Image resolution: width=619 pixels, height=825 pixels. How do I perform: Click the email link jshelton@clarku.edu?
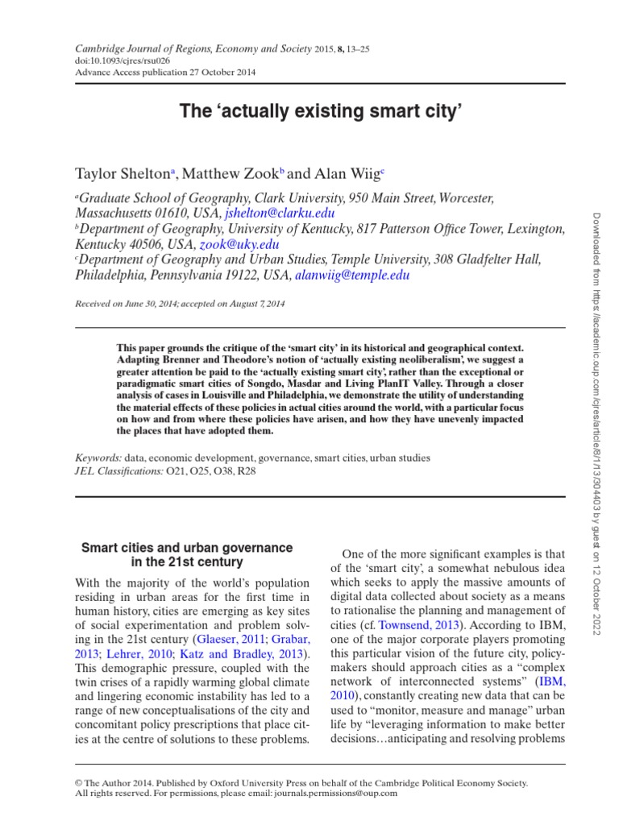pyautogui.click(x=279, y=214)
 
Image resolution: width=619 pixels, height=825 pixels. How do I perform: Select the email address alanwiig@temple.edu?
pyautogui.click(x=352, y=275)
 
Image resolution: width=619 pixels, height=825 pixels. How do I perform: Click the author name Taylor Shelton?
pyautogui.click(x=120, y=172)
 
